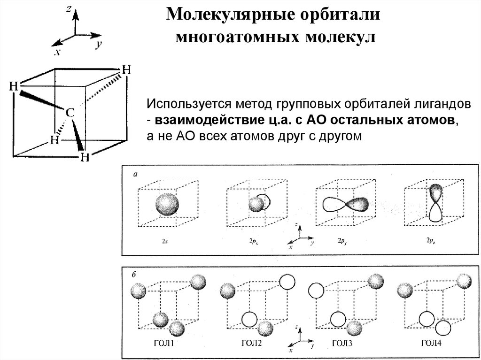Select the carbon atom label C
tap(69, 113)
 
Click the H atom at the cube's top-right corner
tap(126, 70)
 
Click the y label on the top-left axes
tap(100, 45)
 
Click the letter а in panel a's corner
tap(135, 175)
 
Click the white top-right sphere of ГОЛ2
tap(287, 282)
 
